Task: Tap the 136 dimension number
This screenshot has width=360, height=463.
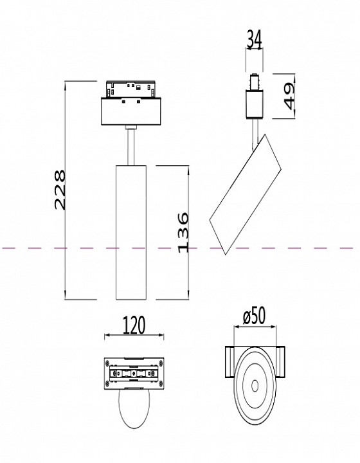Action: click(183, 232)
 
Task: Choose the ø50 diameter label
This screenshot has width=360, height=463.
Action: click(255, 318)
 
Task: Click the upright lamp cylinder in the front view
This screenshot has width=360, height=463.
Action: click(132, 232)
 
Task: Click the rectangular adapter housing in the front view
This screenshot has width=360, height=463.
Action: click(132, 111)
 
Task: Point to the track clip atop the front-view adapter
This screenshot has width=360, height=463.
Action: click(132, 87)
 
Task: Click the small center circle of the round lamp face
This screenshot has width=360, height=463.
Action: click(255, 386)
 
